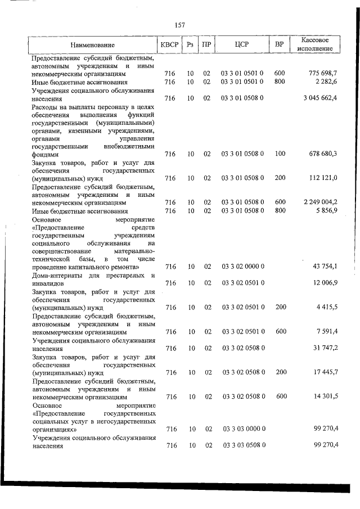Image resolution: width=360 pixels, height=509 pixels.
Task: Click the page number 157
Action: tap(180, 25)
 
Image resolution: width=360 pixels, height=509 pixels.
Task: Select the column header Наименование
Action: tap(93, 44)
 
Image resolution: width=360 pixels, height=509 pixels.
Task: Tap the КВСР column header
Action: tap(170, 44)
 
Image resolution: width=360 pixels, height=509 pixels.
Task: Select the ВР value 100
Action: tap(280, 154)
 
